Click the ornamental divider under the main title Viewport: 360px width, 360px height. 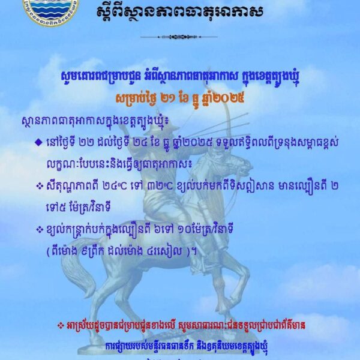pos(179,37)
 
